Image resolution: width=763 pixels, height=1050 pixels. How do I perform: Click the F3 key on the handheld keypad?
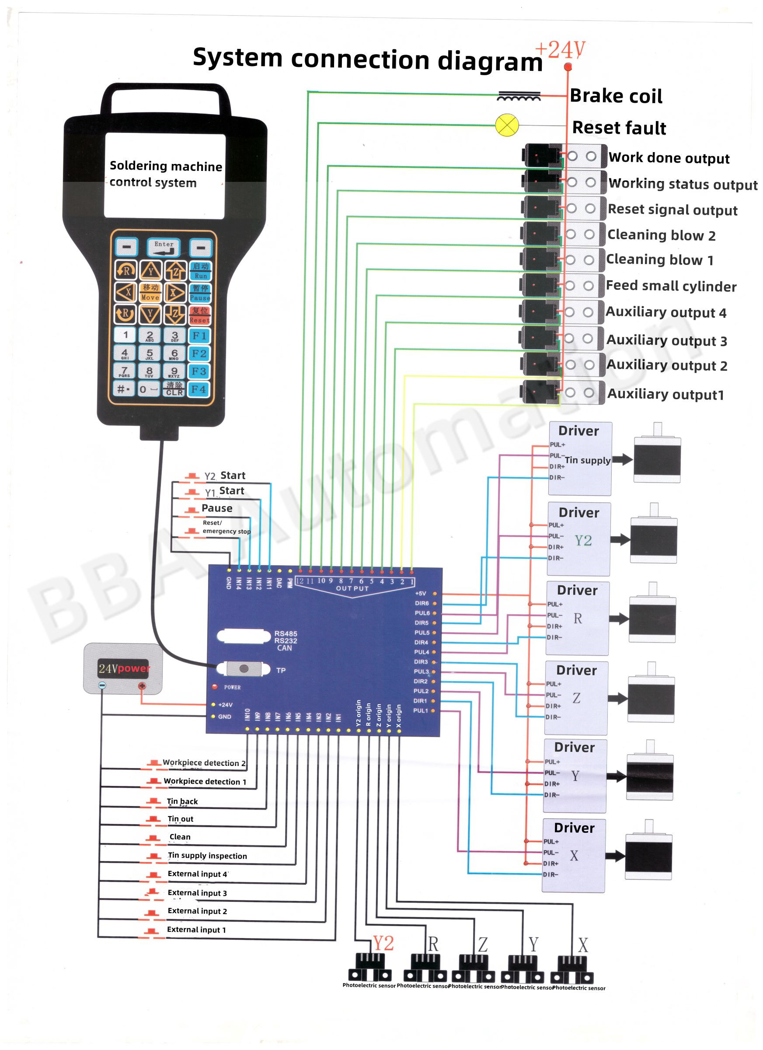[x=199, y=371]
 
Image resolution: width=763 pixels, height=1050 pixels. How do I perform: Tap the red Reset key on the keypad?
[x=199, y=315]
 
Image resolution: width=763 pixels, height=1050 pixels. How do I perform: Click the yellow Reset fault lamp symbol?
[x=507, y=125]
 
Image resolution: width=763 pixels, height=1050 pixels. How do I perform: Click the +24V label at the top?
[x=560, y=50]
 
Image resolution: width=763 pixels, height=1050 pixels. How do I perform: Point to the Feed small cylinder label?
[x=671, y=286]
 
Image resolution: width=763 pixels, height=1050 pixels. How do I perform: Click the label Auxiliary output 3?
[x=666, y=340]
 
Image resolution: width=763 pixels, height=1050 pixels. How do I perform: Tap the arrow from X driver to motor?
[x=614, y=856]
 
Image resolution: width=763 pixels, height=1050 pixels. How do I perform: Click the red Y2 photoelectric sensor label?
[x=383, y=943]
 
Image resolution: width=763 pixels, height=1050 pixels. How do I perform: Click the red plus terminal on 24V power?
[x=142, y=686]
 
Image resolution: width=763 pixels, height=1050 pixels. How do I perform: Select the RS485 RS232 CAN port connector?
[x=244, y=636]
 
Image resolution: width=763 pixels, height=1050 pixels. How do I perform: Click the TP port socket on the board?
[x=244, y=668]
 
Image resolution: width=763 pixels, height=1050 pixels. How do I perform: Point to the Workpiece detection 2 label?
[x=204, y=762]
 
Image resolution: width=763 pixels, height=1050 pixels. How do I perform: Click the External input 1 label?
[x=196, y=930]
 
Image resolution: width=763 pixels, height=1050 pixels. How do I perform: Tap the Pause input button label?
[x=217, y=508]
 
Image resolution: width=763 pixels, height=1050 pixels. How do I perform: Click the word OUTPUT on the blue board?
[x=352, y=588]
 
